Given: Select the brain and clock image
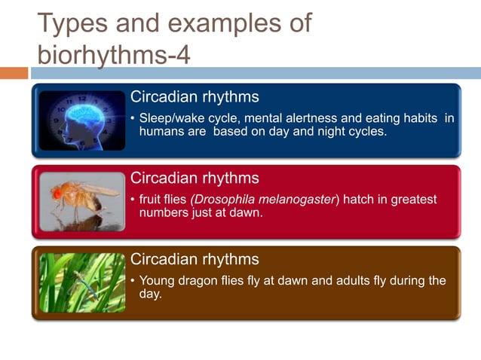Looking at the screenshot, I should tap(81, 120).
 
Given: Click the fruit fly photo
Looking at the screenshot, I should tap(81, 201).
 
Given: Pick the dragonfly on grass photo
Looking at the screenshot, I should tap(81, 282).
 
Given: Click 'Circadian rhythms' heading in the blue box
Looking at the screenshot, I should tap(195, 97).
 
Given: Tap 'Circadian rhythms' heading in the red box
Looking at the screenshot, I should tap(195, 178).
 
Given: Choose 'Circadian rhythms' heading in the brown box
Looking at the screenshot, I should tap(195, 260).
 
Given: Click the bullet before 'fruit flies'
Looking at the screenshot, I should tap(133, 200).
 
